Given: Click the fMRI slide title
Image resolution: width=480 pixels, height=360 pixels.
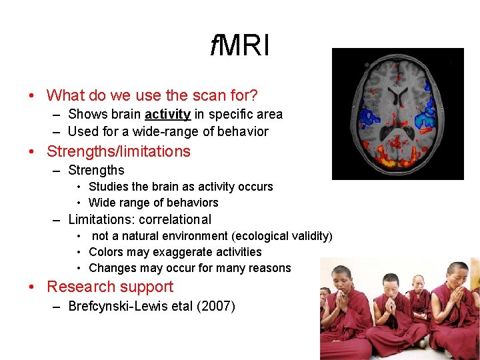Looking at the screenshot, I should pyautogui.click(x=239, y=46).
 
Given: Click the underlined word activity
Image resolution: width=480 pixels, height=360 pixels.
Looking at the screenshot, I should pyautogui.click(x=167, y=115).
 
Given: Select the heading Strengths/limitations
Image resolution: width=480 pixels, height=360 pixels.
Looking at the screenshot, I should pyautogui.click(x=119, y=151).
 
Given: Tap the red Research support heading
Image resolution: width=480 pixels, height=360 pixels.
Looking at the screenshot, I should pyautogui.click(x=110, y=287).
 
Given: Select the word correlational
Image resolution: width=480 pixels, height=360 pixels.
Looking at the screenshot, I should pyautogui.click(x=175, y=219).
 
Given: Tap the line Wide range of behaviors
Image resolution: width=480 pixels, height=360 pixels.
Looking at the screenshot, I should pyautogui.click(x=153, y=203).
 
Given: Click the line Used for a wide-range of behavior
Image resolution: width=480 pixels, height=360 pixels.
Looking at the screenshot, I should pyautogui.click(x=168, y=131).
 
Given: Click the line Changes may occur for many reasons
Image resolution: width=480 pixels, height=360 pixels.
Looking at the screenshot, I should pyautogui.click(x=190, y=268).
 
